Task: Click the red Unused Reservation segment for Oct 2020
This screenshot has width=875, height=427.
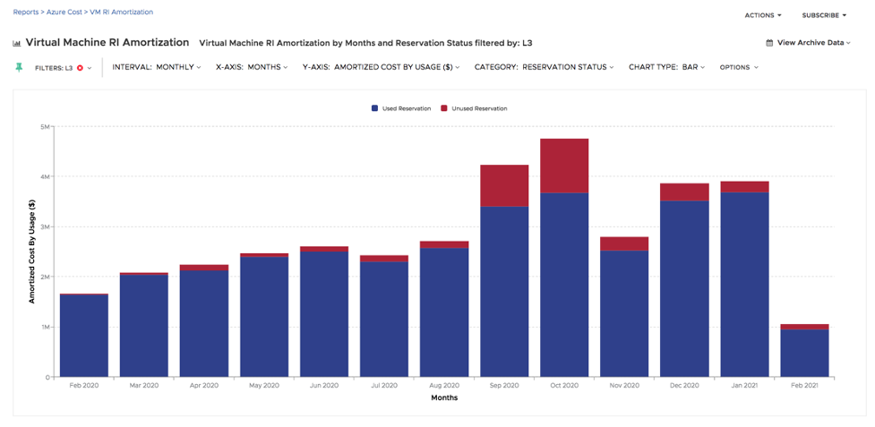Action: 564,166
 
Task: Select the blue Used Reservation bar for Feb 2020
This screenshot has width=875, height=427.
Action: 84,336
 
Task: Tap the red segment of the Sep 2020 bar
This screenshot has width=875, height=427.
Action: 504,185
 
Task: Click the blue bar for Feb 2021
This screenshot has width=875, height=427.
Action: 804,353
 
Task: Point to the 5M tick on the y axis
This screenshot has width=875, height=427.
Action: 44,127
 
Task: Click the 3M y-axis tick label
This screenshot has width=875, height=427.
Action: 44,227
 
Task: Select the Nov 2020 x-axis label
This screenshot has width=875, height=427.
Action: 624,386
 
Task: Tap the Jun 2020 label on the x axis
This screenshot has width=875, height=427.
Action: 324,386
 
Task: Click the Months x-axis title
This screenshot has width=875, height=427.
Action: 444,397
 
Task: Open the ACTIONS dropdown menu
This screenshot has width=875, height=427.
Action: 763,15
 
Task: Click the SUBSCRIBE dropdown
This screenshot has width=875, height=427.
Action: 824,15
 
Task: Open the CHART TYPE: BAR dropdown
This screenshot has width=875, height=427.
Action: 666,67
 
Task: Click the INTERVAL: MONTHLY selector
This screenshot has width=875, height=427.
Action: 156,67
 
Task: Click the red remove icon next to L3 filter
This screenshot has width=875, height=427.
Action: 80,68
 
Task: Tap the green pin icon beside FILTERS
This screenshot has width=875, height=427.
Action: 19,67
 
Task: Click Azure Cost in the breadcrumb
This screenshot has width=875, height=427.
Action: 65,13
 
